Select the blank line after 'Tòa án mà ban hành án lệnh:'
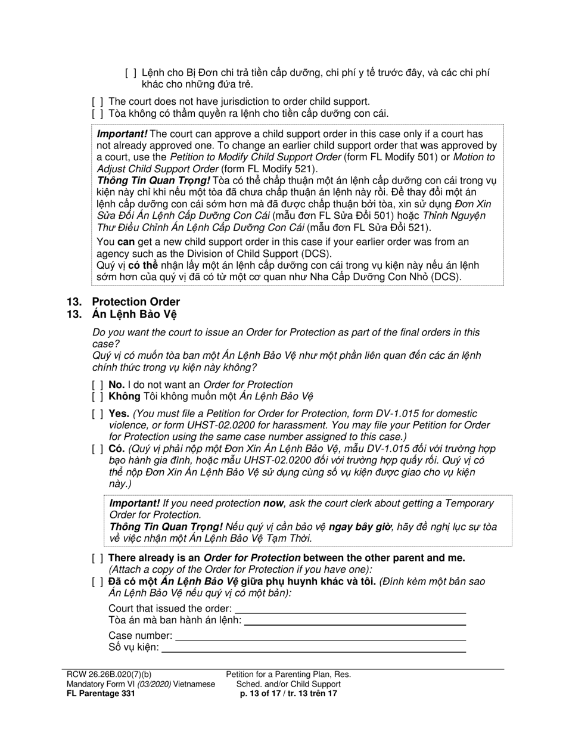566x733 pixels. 354,620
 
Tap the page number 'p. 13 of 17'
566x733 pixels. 263,694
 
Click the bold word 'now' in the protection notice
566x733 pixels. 273,504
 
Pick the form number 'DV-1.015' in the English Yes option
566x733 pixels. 373,414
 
